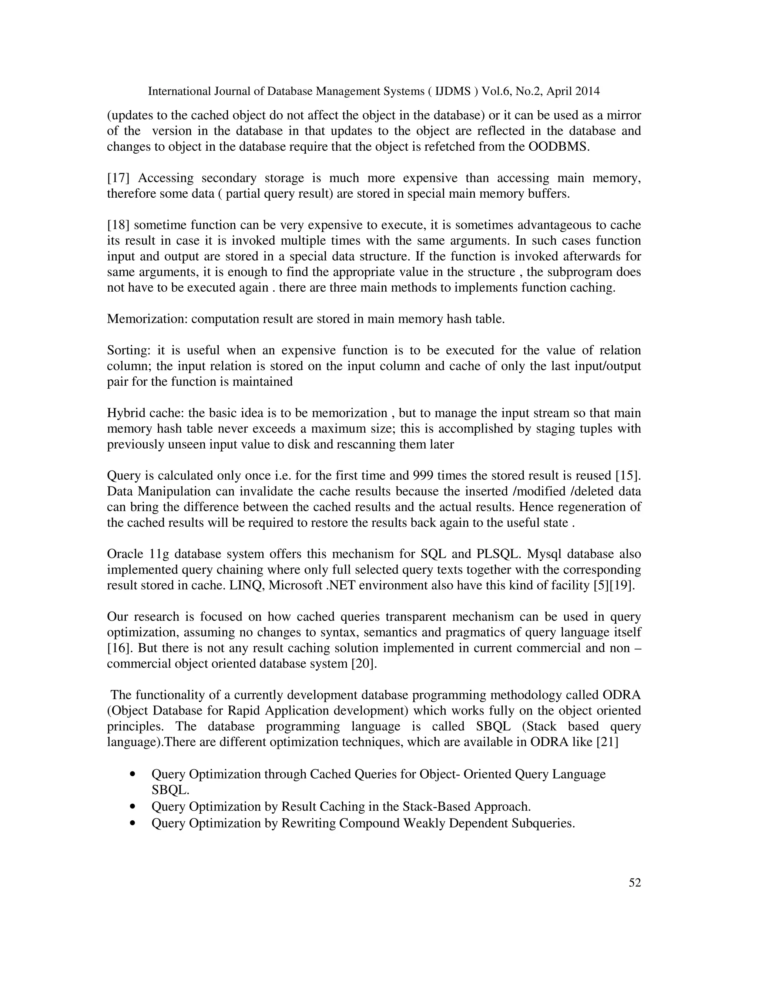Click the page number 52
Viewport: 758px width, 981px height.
(634, 883)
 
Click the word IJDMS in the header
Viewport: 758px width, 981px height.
(453, 92)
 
